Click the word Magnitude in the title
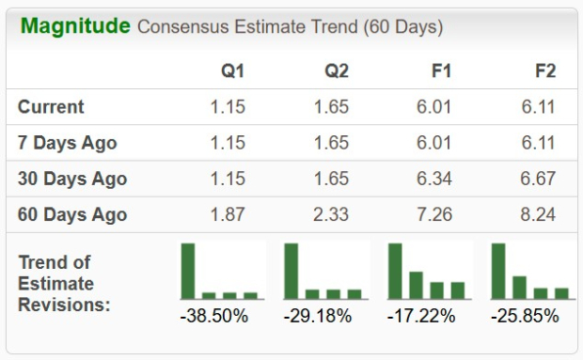coord(75,25)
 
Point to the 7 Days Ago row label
coord(68,142)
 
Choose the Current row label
coord(51,106)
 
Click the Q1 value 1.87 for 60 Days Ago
coord(227,213)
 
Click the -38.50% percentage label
coord(213,316)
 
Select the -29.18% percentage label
coord(317,316)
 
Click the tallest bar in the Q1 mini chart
coord(188,271)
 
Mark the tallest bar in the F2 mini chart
coord(498,271)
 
